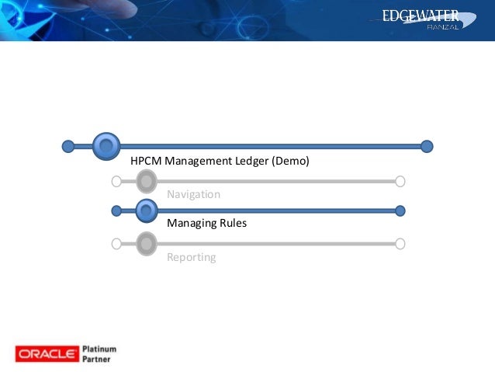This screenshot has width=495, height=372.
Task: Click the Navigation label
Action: (193, 194)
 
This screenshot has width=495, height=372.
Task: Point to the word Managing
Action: (190, 223)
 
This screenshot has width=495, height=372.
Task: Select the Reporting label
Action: (191, 257)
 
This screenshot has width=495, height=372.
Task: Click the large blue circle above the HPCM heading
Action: (106, 145)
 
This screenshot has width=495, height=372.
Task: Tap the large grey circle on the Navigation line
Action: (146, 182)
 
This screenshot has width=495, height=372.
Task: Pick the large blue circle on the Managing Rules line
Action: (145, 210)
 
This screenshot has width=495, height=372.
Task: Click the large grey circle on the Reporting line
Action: (146, 244)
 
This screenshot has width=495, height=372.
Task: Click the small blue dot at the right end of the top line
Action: (427, 146)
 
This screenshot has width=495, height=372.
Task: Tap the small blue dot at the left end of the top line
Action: (68, 146)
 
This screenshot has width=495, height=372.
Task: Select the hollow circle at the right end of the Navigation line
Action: (400, 182)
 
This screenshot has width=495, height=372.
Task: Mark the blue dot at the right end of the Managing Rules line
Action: (400, 210)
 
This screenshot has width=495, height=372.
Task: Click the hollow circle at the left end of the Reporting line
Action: (116, 244)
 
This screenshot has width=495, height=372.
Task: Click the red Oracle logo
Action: (47, 354)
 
